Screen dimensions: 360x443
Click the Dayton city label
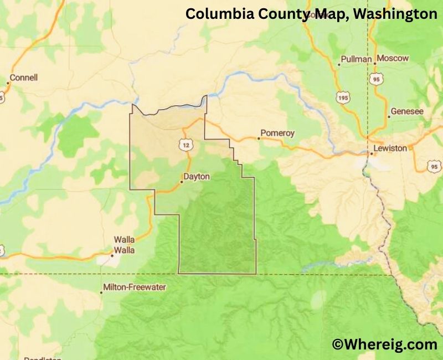pos(198,177)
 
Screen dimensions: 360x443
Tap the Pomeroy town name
pos(277,133)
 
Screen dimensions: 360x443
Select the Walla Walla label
pos(125,244)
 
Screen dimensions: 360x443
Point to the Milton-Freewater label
pos(135,287)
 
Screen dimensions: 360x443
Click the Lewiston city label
pos(390,148)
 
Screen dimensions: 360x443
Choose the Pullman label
pos(357,59)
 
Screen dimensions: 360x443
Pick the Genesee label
pos(407,111)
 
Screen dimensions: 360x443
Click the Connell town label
pos(24,78)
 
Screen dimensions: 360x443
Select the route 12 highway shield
pos(184,144)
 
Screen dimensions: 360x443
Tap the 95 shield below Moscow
pos(378,79)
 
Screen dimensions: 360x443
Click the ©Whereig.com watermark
pos(385,344)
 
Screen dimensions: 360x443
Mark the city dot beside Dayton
pos(182,181)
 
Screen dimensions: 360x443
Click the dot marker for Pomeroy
pos(258,138)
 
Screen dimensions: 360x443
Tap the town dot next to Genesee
pos(389,116)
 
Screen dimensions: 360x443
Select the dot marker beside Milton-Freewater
pos(101,292)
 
